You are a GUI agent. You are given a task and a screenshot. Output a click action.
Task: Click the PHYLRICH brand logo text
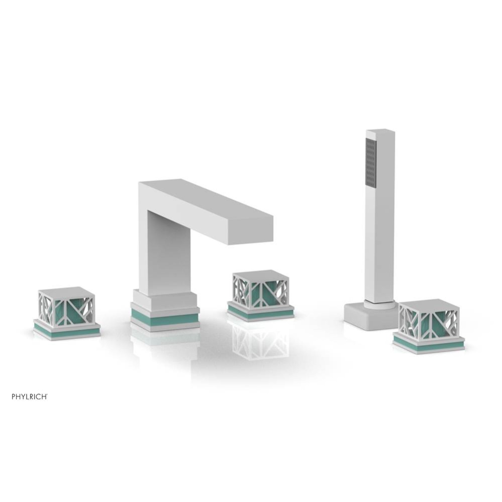[30, 396]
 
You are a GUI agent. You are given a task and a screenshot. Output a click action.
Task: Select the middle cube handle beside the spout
[260, 290]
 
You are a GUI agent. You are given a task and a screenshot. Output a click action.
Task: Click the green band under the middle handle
[260, 313]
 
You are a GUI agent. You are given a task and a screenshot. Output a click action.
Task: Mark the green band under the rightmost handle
[428, 344]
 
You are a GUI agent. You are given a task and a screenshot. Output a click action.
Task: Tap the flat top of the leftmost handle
[66, 291]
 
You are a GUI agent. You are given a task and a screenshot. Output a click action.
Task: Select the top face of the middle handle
[260, 274]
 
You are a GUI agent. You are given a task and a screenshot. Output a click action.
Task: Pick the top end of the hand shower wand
[380, 133]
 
